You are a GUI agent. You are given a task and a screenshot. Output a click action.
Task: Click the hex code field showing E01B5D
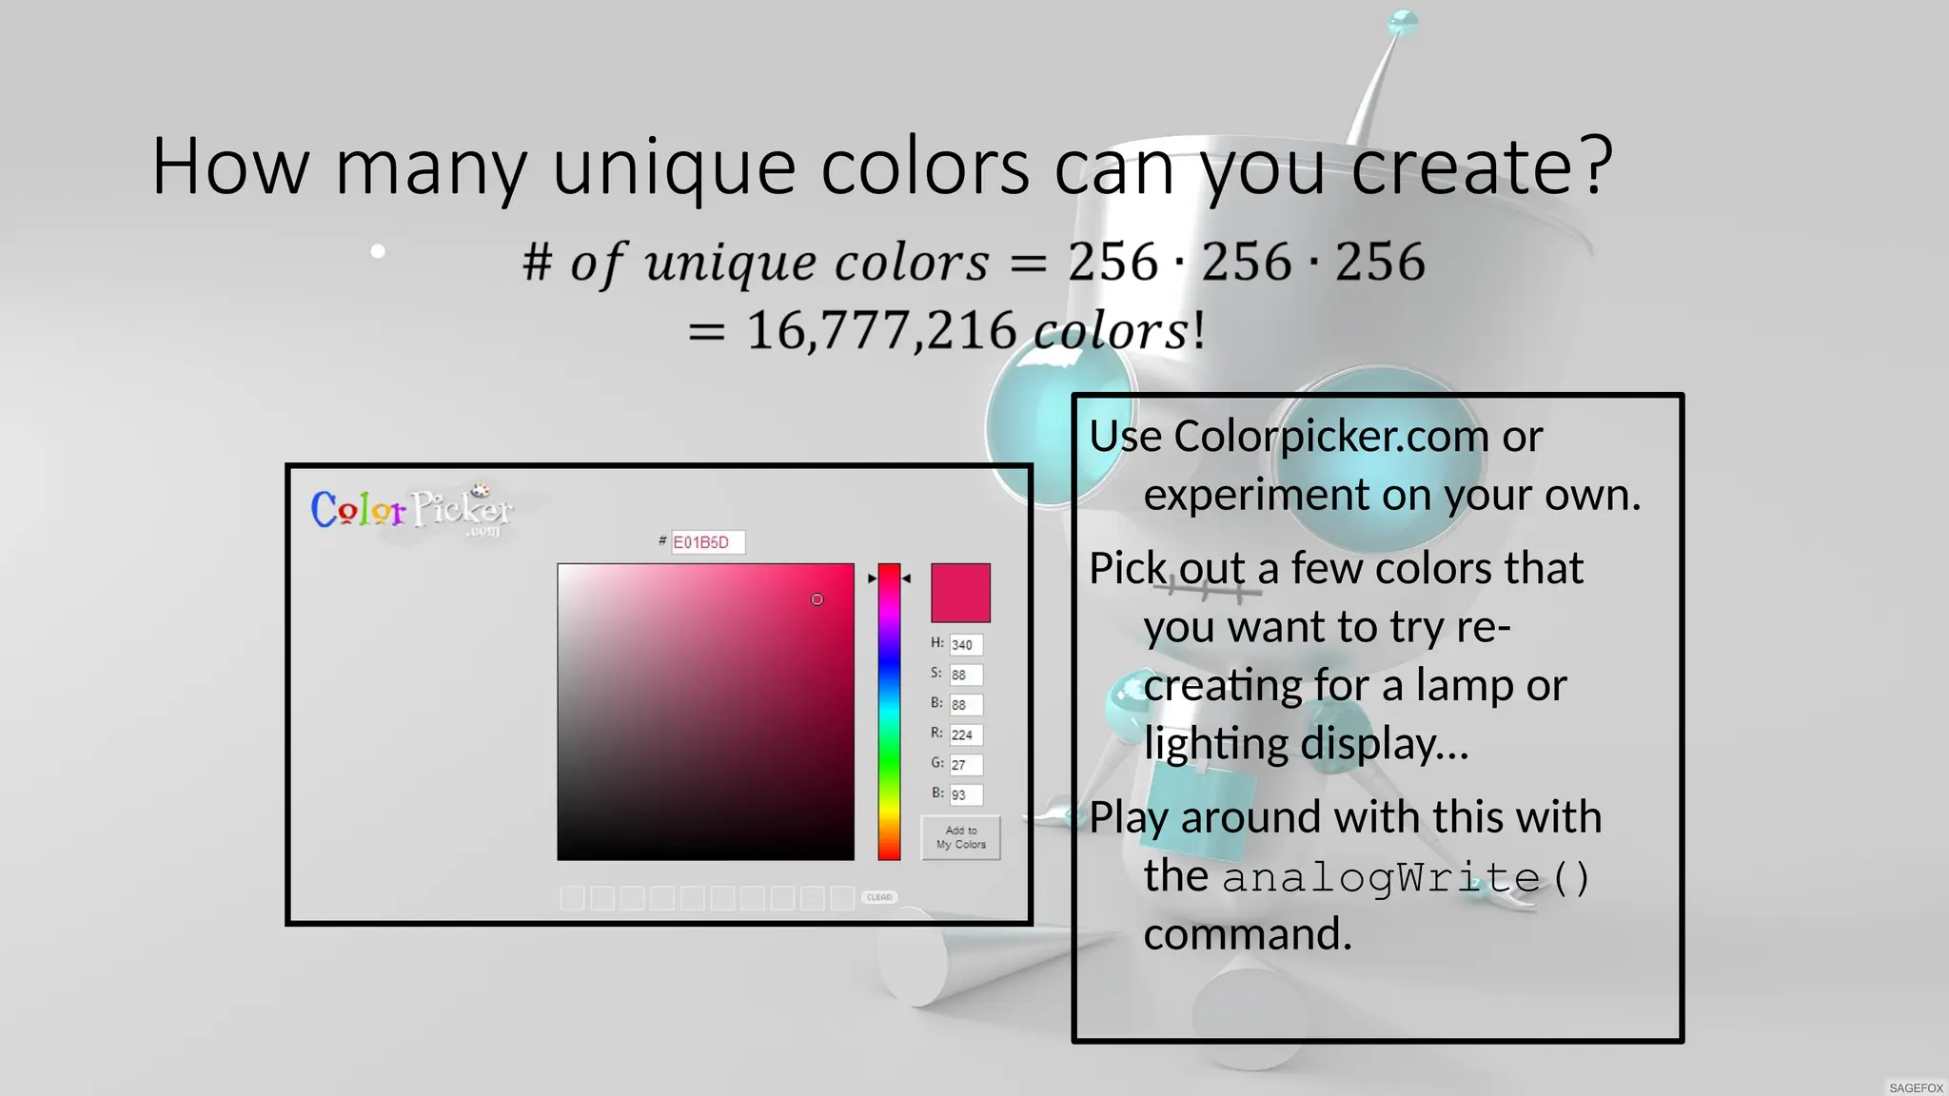click(x=707, y=542)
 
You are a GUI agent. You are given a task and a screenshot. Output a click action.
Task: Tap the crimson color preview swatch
click(x=960, y=593)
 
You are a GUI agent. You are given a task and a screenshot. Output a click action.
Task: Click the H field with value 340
click(x=965, y=645)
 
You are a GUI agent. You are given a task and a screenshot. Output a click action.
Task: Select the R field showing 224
click(x=965, y=734)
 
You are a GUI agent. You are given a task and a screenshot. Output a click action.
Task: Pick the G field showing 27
click(x=965, y=765)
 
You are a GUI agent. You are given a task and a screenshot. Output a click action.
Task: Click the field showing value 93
click(x=965, y=794)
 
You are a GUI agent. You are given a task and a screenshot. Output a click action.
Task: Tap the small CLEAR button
click(x=879, y=897)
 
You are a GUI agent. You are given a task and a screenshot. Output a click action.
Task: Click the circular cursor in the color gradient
click(x=817, y=599)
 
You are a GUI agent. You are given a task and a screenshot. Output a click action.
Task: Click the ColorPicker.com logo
click(x=411, y=510)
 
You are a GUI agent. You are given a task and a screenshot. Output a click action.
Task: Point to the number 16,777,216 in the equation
click(x=881, y=331)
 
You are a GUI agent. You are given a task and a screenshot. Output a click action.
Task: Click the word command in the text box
click(x=1247, y=934)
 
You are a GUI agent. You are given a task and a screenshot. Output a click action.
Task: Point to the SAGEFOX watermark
click(x=1916, y=1087)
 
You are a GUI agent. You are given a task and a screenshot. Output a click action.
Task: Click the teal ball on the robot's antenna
click(x=1403, y=22)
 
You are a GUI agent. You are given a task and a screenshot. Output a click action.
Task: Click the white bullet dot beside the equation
click(x=378, y=251)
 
